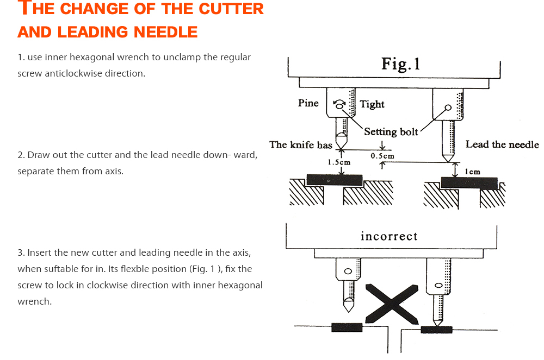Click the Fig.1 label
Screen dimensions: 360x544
click(x=400, y=64)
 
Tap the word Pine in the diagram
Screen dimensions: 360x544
click(x=308, y=103)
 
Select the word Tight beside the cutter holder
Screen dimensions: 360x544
click(x=372, y=104)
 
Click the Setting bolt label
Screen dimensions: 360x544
click(x=391, y=131)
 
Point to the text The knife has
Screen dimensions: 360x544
click(x=300, y=144)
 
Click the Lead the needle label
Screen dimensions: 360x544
click(x=502, y=144)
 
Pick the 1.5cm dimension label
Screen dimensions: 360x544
click(x=338, y=162)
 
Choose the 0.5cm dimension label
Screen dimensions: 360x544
click(x=382, y=156)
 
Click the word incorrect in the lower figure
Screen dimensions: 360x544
click(x=389, y=237)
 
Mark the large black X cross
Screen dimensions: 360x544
click(x=392, y=302)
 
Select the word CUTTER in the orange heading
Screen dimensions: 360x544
click(x=231, y=9)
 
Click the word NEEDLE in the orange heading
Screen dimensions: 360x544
click(x=163, y=32)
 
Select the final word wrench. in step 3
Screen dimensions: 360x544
click(x=34, y=301)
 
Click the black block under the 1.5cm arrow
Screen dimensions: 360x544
click(x=334, y=180)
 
